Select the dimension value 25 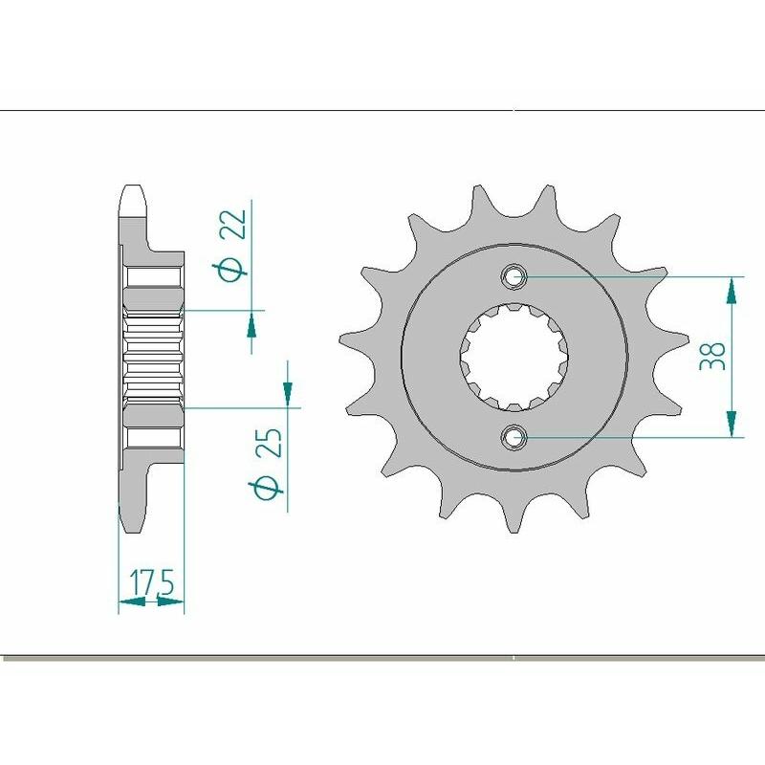(x=269, y=446)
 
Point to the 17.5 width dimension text (x=150, y=580)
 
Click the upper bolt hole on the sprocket (x=514, y=277)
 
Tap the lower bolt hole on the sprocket (x=514, y=437)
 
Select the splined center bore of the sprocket (x=514, y=357)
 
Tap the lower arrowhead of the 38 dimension (x=732, y=424)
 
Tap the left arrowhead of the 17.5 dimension (x=127, y=602)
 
